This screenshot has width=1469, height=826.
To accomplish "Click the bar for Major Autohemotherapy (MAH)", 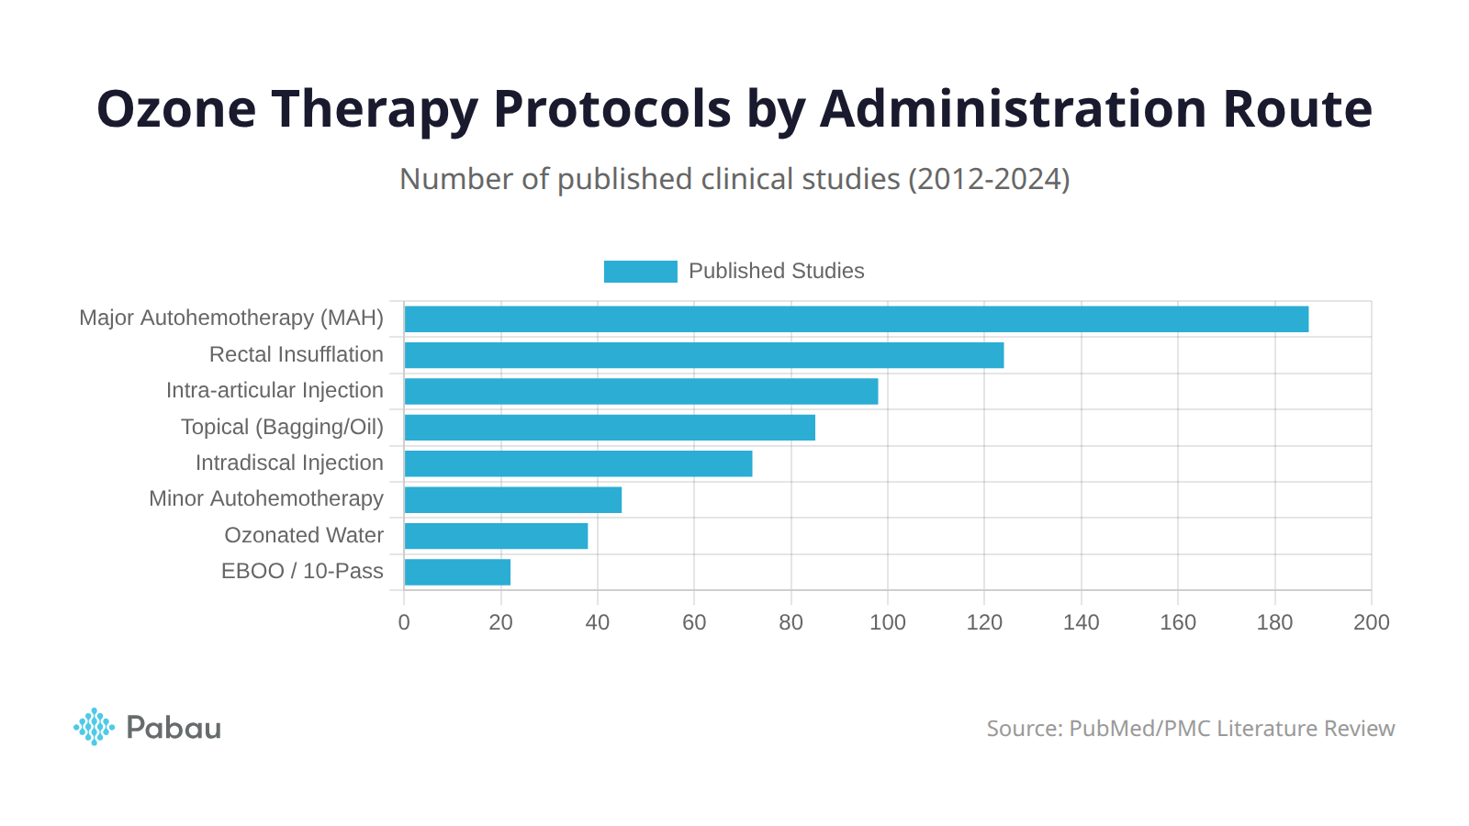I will tap(856, 318).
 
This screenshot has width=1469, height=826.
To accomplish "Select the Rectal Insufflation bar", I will tap(703, 355).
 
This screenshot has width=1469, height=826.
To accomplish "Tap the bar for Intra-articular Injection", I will tap(641, 391).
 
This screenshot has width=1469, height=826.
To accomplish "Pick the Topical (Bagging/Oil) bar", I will tap(610, 428).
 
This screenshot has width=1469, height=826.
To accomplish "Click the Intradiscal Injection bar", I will tap(578, 463).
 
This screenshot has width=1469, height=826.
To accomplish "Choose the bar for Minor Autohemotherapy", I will tap(512, 500).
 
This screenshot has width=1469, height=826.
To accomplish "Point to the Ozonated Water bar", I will tap(496, 536).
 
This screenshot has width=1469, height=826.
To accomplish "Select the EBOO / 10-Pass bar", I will tap(457, 572).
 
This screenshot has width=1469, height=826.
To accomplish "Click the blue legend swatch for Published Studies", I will tap(640, 272).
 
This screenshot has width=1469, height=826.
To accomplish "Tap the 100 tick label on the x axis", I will tap(887, 622).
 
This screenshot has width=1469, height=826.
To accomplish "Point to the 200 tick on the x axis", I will tap(1371, 622).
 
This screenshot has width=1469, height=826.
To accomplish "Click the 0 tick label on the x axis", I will tap(404, 622).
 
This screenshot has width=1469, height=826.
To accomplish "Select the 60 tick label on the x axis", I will tap(694, 622).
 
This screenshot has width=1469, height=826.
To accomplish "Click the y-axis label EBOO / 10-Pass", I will tap(302, 571).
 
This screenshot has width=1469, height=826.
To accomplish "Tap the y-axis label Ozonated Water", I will tap(304, 535).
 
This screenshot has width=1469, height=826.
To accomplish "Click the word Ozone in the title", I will tap(176, 109).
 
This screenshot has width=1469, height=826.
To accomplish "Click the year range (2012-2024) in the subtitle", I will tap(989, 179).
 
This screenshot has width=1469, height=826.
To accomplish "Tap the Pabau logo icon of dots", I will tap(94, 727).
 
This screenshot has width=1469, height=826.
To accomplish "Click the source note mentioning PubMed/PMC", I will tap(1190, 729).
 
